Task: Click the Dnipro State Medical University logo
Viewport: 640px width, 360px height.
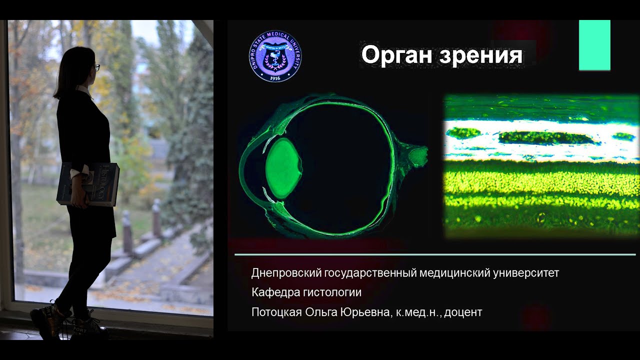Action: point(275,56)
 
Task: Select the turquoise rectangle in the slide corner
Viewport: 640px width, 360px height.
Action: point(594,45)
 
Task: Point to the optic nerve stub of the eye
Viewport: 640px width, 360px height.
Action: point(418,155)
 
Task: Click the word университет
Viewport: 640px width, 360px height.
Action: point(526,273)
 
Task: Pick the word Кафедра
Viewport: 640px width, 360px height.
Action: point(272,292)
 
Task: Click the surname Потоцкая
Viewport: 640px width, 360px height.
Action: point(276,312)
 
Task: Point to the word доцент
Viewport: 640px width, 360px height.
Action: point(463,313)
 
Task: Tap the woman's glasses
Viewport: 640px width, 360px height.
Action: point(96,67)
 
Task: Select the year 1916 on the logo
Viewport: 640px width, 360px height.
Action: point(275,78)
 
